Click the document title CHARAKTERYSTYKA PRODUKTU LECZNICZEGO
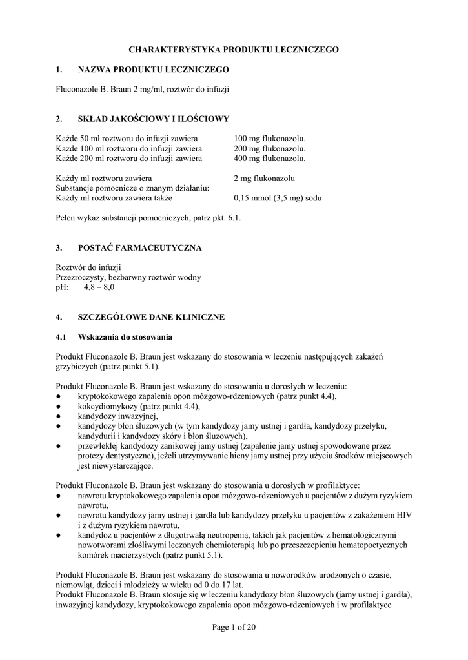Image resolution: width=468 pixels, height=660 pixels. click(x=234, y=49)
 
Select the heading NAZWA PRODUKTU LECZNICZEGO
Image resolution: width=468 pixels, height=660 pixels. click(x=153, y=69)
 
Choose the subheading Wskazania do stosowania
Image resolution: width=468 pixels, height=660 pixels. click(x=125, y=337)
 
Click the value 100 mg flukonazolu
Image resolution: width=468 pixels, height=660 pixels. click(x=269, y=139)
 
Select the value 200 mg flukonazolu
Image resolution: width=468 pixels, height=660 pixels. click(x=269, y=148)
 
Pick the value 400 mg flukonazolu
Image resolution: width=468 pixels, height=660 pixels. click(x=269, y=158)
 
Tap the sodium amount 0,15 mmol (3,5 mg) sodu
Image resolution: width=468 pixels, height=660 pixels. click(x=278, y=198)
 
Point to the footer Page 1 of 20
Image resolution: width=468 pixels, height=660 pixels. click(x=234, y=628)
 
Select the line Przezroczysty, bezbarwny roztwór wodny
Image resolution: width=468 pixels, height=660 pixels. click(x=128, y=277)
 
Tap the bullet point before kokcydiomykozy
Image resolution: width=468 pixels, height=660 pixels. click(x=58, y=407)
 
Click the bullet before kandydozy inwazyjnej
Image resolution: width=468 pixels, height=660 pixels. click(x=58, y=416)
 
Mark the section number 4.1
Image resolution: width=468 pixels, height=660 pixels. click(x=61, y=337)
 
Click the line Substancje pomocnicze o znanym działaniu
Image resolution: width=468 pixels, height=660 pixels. click(x=132, y=188)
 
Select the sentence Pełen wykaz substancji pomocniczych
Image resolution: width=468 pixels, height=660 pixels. click(x=148, y=218)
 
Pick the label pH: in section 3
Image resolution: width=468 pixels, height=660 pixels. click(x=63, y=287)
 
